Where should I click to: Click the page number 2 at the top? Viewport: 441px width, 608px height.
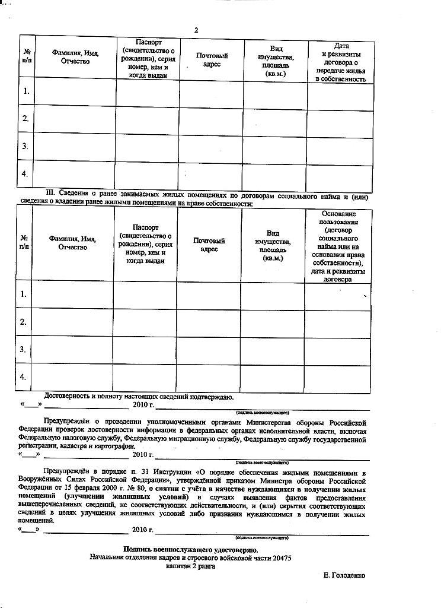coord(196,30)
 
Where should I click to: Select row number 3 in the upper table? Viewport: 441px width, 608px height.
coord(25,146)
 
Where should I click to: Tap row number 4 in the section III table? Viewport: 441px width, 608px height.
coord(23,377)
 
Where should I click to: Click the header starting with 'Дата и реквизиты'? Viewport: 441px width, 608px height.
coord(341,62)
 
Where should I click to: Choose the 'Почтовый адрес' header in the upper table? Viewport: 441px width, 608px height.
coord(212,60)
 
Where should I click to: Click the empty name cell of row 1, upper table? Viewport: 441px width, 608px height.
coord(75,91)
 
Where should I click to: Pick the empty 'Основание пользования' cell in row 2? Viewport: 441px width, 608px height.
coord(338,322)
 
